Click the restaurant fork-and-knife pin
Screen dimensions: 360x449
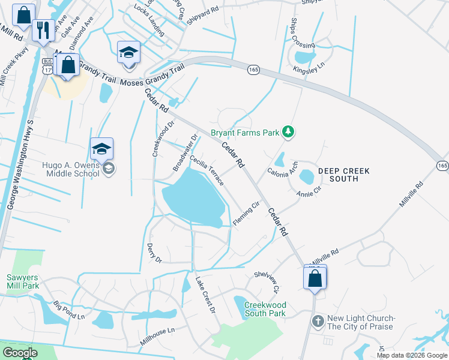(41, 31)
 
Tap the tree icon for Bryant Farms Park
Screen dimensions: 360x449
(288, 131)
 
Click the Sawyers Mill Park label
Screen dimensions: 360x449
(23, 281)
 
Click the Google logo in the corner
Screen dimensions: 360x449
(20, 353)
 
